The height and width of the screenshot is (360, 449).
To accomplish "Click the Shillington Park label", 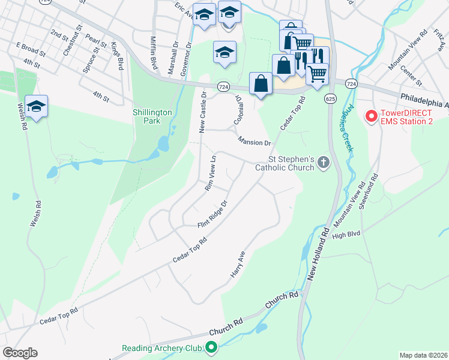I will coord(153,116).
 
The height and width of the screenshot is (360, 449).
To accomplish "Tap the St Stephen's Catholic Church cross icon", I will coord(324,161).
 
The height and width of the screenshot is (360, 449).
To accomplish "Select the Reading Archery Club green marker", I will coord(211,347).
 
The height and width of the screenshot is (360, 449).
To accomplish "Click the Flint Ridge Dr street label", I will coord(214,215).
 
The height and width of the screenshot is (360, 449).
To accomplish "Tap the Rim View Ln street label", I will coord(210,173).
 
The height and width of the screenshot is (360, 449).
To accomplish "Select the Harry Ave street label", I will coord(238,265).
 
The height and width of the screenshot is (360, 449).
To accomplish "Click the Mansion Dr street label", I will coord(255,142).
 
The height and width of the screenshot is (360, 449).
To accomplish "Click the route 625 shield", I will coord(330,97).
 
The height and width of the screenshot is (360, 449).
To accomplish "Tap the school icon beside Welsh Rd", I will coord(37,107).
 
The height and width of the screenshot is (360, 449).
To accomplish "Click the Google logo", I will coord(20,353).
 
